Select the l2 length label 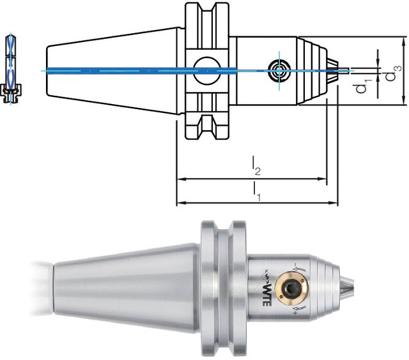(256, 166)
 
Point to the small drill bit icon (11, 69)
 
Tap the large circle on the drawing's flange (206, 71)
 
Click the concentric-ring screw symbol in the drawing (279, 70)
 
